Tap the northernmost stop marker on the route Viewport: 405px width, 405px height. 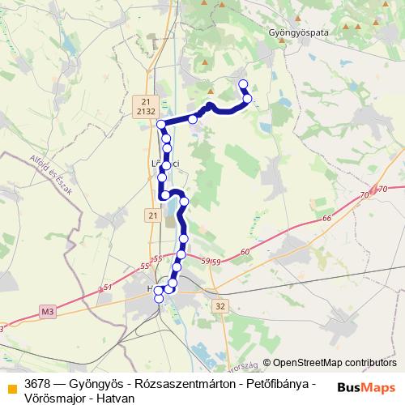click(242, 83)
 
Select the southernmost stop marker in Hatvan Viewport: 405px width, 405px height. click(159, 299)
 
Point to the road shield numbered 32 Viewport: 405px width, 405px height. click(221, 305)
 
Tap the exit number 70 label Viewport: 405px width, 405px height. click(363, 195)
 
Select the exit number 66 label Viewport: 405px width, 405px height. click(326, 219)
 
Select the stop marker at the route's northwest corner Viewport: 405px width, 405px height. click(161, 124)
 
